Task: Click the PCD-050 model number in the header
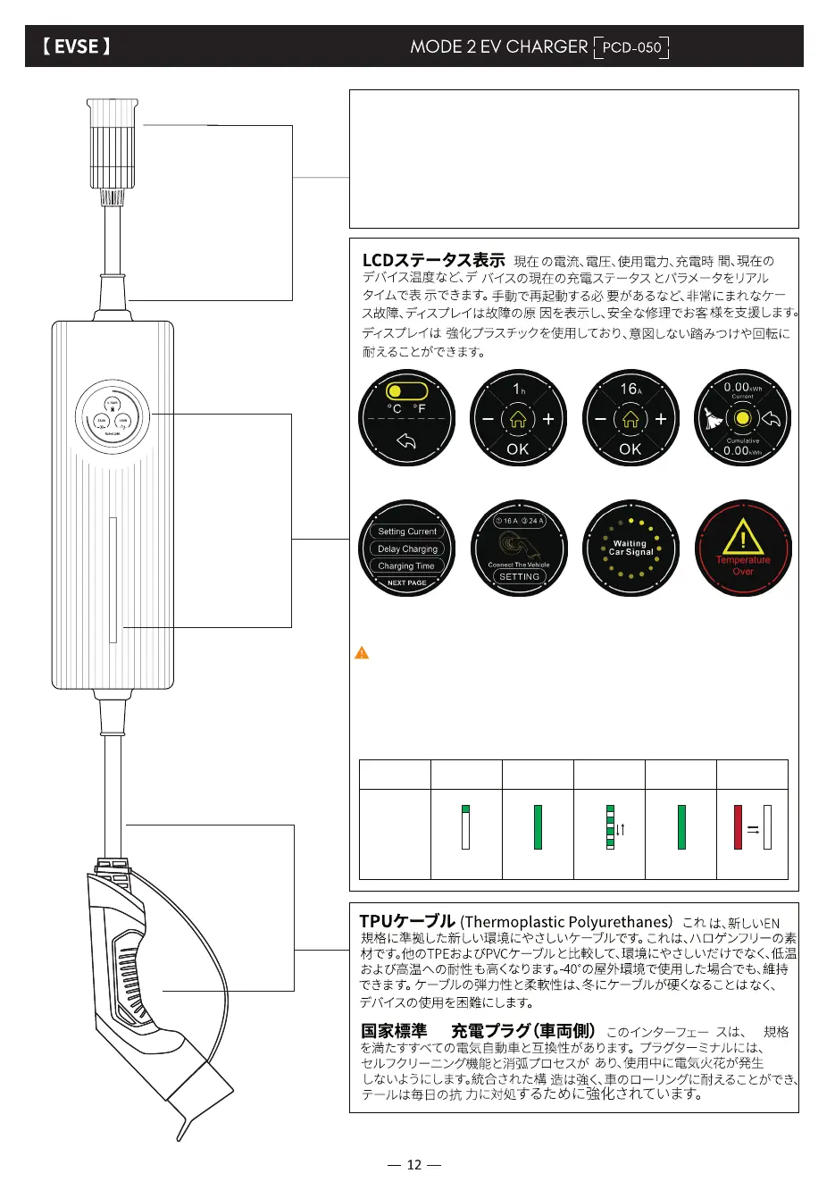click(631, 47)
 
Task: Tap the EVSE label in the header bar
click(76, 46)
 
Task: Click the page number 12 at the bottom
click(413, 1164)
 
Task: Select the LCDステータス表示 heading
click(433, 260)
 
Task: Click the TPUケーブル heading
click(407, 921)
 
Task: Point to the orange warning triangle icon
click(362, 653)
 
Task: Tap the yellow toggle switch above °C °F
click(406, 390)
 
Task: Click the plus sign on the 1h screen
click(548, 419)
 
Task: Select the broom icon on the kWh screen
click(713, 419)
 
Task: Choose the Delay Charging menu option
click(407, 549)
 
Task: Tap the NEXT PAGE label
click(406, 582)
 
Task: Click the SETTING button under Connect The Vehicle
click(519, 577)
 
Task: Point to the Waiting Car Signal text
click(630, 548)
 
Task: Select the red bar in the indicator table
click(738, 826)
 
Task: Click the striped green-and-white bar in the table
click(611, 826)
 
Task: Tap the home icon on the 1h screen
click(518, 419)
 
